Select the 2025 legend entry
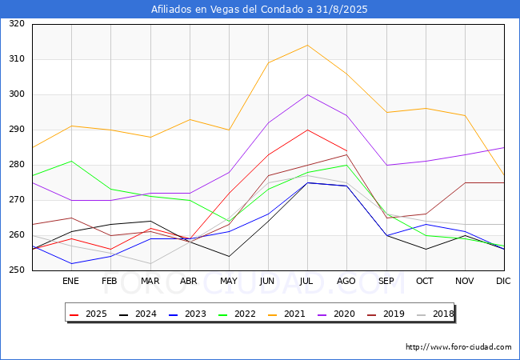[88, 314]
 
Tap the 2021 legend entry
[286, 314]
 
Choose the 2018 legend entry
[435, 314]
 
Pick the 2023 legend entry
[187, 314]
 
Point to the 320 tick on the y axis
[17, 23]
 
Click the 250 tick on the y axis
[17, 270]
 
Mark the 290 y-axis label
[17, 130]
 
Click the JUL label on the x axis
[306, 281]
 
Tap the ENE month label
[70, 281]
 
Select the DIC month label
[503, 281]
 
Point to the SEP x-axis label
[386, 281]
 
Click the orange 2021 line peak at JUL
[307, 45]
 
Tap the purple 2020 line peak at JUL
[307, 95]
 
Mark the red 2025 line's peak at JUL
[307, 130]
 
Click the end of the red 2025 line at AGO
[347, 151]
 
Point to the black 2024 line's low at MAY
[229, 256]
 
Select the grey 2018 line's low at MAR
[150, 263]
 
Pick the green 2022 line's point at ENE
[72, 161]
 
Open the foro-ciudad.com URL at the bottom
[458, 347]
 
